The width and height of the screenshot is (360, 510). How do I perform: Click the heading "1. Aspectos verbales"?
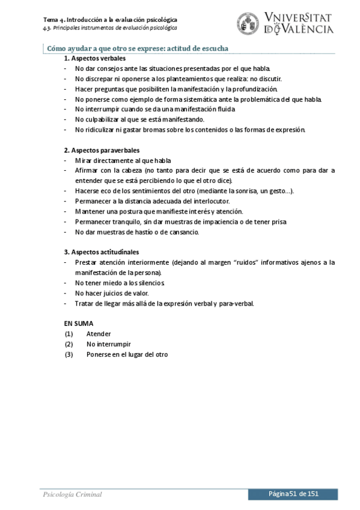[x=95, y=58]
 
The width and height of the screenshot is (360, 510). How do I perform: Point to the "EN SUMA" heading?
[x=79, y=323]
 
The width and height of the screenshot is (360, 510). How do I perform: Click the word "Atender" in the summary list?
[x=99, y=334]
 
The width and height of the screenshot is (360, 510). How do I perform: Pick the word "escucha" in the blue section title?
[x=218, y=48]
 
